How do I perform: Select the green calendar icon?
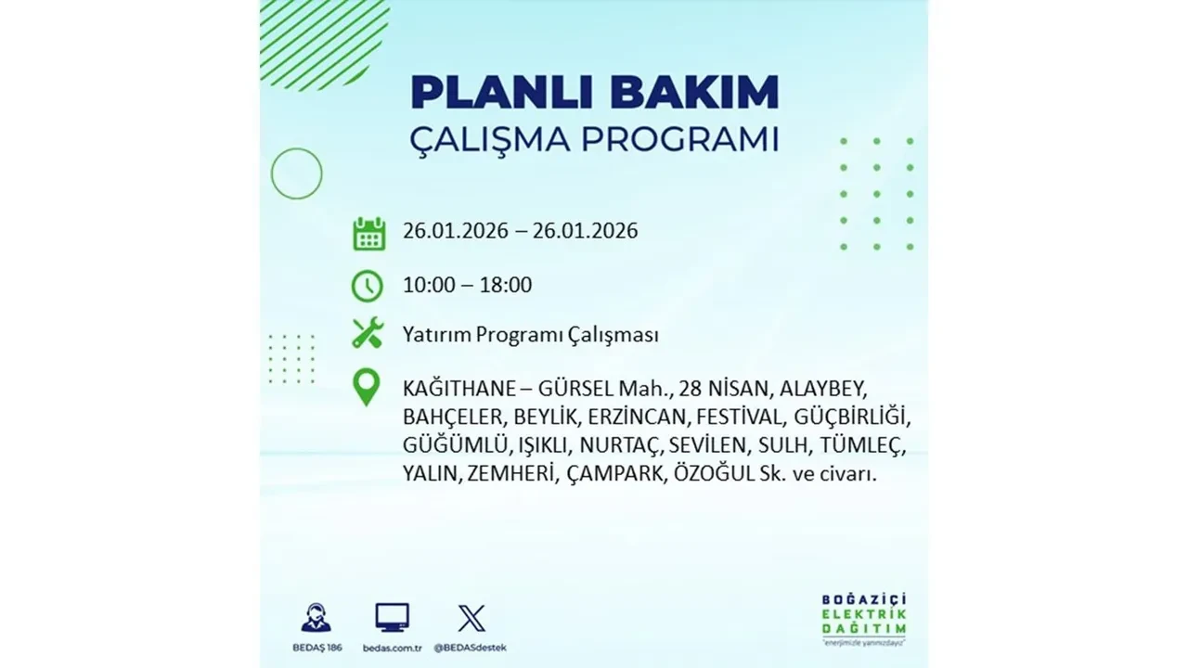(368, 233)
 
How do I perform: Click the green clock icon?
(368, 286)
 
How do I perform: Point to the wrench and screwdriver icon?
(368, 334)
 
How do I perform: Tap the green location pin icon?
(368, 388)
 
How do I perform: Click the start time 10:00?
(429, 285)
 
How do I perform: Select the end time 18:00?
(506, 285)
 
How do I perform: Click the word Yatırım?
(436, 335)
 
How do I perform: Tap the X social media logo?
(471, 618)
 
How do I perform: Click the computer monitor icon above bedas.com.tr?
(392, 617)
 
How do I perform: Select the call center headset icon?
(316, 618)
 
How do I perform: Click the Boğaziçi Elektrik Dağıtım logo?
(863, 617)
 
